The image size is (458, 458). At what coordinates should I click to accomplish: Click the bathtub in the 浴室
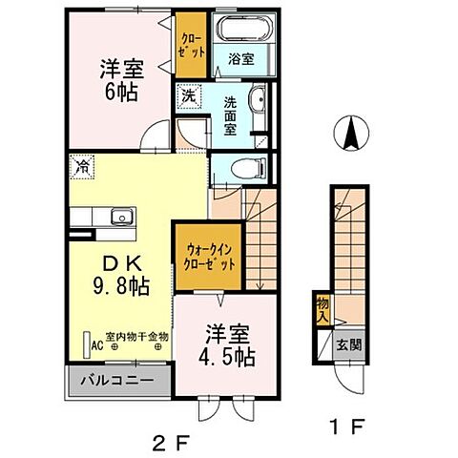tap(244, 28)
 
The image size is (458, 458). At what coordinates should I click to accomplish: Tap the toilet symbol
tap(248, 168)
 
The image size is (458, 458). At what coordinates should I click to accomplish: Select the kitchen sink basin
tap(122, 217)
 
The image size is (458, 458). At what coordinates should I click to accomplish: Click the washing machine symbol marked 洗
tap(189, 95)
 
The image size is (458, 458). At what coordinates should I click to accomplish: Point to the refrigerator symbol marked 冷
tap(82, 167)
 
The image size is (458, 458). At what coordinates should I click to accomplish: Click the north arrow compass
tap(351, 133)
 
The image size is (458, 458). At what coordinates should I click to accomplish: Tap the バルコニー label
tap(117, 380)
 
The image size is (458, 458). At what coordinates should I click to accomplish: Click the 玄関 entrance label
tap(349, 344)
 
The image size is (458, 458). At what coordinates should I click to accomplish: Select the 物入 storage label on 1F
tap(323, 310)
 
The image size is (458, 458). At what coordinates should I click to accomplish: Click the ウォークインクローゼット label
tap(210, 257)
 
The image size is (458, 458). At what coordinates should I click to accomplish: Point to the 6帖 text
tap(121, 93)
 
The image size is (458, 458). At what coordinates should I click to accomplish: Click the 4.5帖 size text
tap(226, 357)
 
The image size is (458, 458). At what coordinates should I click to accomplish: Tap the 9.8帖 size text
tap(121, 286)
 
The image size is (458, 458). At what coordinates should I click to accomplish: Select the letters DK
tap(122, 263)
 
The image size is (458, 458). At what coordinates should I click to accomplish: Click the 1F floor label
tap(346, 427)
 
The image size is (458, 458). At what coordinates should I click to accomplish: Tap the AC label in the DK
tap(97, 345)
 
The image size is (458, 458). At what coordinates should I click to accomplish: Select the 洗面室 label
tap(230, 115)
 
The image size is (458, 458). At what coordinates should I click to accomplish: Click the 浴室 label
tap(241, 59)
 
